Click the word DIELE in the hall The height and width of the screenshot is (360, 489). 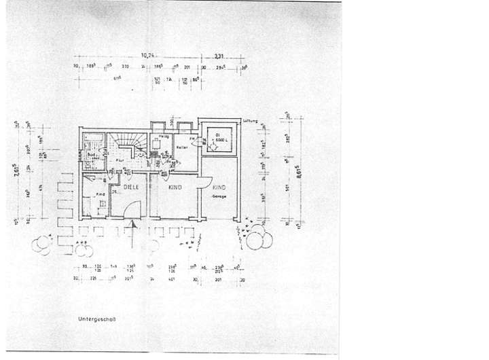[x=131, y=185]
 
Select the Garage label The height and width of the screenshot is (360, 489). [x=217, y=196]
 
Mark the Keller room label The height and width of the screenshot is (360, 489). [x=180, y=147]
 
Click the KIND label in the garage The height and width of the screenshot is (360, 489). [x=219, y=187]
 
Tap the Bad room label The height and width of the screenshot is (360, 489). [x=90, y=156]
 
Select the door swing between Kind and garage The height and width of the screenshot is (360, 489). [x=202, y=182]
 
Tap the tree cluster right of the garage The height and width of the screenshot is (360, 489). [x=258, y=239]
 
